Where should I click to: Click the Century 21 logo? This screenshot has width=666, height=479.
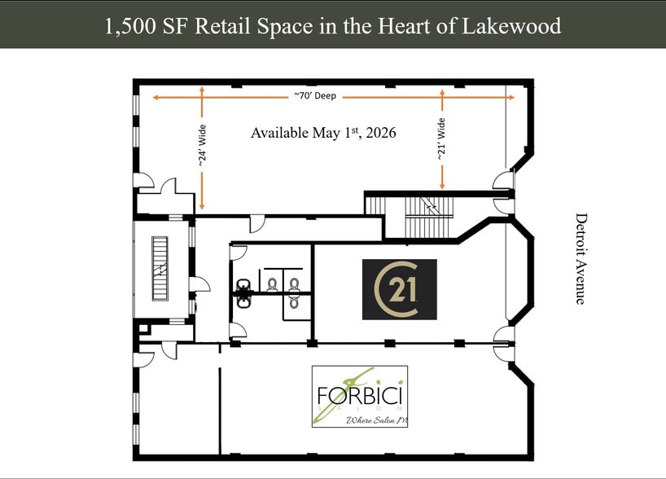pos(399,289)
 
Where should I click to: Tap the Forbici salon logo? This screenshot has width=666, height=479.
pos(360,397)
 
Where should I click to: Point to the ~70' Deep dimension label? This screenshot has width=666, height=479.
pos(315,96)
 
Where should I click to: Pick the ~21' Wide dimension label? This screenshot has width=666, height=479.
pos(441,143)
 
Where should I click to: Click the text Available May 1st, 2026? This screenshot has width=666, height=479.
pos(323,133)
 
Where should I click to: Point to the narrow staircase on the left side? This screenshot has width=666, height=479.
pos(160,268)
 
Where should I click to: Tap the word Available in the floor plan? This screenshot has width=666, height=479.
pos(279,133)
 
